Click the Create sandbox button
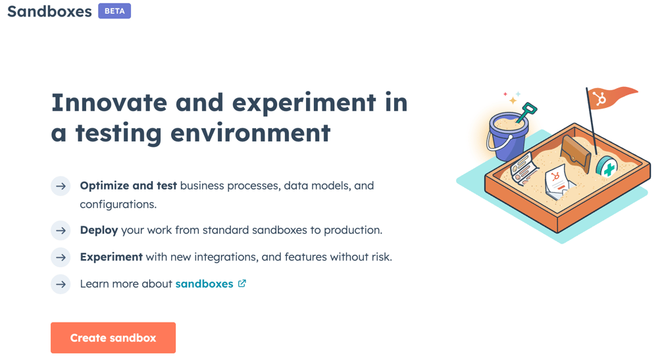tap(113, 338)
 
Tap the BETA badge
tap(114, 11)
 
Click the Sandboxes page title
tap(49, 12)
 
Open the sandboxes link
tap(204, 284)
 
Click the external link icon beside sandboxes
tap(242, 284)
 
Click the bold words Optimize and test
tap(128, 186)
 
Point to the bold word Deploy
tap(99, 230)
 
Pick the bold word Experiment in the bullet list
tap(111, 257)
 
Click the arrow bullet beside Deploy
tap(61, 230)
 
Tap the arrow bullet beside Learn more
tap(61, 284)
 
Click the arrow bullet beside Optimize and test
tap(61, 186)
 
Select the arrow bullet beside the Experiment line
tap(61, 257)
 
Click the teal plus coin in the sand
tap(607, 167)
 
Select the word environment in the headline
tap(250, 133)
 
